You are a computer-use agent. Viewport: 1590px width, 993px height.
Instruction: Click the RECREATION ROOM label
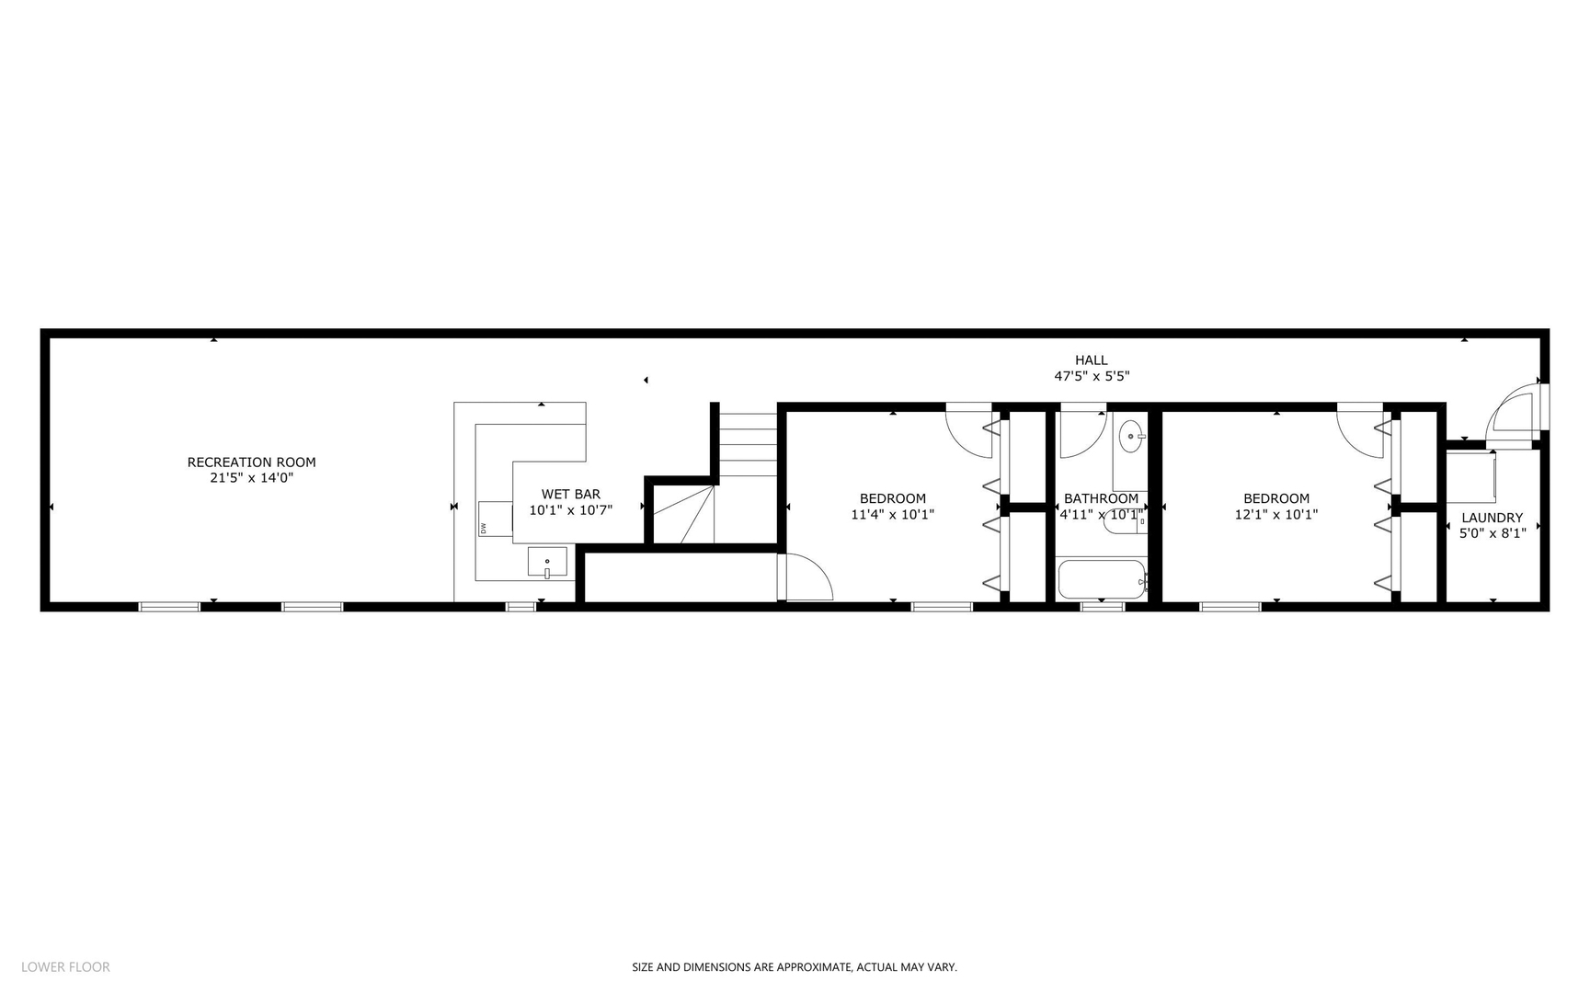pyautogui.click(x=251, y=462)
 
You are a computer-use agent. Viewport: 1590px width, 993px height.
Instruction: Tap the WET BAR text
pyautogui.click(x=570, y=495)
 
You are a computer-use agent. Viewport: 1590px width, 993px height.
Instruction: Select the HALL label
pyautogui.click(x=1091, y=360)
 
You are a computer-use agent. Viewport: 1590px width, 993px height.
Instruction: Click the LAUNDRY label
pyautogui.click(x=1492, y=518)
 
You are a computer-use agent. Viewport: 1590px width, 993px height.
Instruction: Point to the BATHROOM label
pyautogui.click(x=1101, y=499)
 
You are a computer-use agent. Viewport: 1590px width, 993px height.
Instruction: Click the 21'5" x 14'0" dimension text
pyautogui.click(x=251, y=478)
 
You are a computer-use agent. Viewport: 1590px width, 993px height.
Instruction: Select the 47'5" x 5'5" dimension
pyautogui.click(x=1091, y=376)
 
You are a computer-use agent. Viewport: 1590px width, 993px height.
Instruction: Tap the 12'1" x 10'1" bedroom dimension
pyautogui.click(x=1275, y=515)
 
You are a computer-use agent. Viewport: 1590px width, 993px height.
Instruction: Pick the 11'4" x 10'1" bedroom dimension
pyautogui.click(x=892, y=515)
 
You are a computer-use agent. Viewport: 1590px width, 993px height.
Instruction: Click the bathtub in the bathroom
pyautogui.click(x=1101, y=579)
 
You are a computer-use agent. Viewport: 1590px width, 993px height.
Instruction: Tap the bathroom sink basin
pyautogui.click(x=1131, y=437)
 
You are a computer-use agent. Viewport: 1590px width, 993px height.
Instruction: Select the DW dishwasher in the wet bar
pyautogui.click(x=495, y=519)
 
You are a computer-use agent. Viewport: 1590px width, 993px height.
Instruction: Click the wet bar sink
pyautogui.click(x=547, y=562)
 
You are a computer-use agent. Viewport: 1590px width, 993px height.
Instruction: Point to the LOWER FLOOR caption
pyautogui.click(x=65, y=966)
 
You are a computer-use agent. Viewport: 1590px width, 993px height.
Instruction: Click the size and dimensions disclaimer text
pyautogui.click(x=794, y=967)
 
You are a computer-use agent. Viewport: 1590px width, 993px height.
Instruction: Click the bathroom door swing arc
pyautogui.click(x=1082, y=435)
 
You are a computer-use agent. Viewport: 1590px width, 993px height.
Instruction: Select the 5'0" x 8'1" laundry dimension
pyautogui.click(x=1492, y=533)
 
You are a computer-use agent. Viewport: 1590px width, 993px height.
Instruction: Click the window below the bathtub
pyautogui.click(x=1102, y=607)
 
